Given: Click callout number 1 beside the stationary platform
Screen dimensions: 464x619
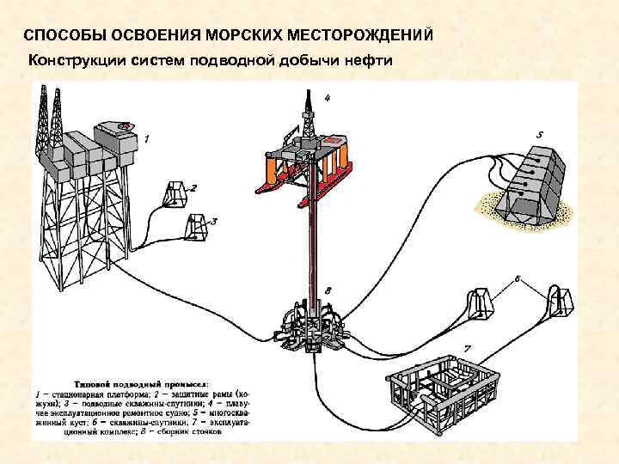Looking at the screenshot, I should click(x=146, y=137).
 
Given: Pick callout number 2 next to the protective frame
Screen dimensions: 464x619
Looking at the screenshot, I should click(x=194, y=187).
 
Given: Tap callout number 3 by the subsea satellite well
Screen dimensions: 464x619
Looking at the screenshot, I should click(x=214, y=221).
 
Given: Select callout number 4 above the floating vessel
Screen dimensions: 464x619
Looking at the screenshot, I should click(x=326, y=98).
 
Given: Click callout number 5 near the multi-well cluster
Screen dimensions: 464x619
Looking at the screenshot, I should click(x=539, y=135).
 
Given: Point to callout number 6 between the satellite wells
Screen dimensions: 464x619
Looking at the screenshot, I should click(x=518, y=278).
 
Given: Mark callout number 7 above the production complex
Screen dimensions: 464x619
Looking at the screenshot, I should click(x=467, y=348).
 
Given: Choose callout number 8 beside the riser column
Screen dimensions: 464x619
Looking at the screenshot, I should click(x=328, y=291).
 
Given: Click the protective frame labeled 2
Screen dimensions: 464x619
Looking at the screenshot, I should click(x=176, y=194).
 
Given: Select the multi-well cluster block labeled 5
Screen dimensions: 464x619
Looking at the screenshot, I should click(x=533, y=185).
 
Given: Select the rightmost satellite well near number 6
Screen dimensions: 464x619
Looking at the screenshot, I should click(x=560, y=302).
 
